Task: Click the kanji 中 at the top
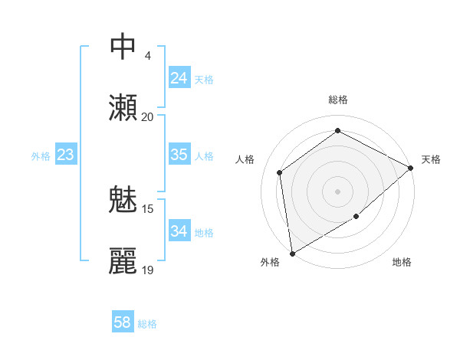point(123,47)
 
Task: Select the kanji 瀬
point(123,108)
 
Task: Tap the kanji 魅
point(123,201)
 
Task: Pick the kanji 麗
point(123,261)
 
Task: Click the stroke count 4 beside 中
point(147,56)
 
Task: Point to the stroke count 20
point(147,117)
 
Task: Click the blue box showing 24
point(179,78)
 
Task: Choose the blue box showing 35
point(179,155)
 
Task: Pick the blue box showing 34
point(179,231)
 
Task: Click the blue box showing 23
point(65,155)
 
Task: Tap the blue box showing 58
point(123,322)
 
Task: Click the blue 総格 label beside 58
point(147,324)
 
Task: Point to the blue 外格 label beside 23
point(41,156)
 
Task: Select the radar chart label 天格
point(431,159)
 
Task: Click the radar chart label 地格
point(402,263)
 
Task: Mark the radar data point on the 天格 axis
point(411,168)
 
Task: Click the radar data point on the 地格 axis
point(356,218)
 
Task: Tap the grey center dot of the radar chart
point(337,191)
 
